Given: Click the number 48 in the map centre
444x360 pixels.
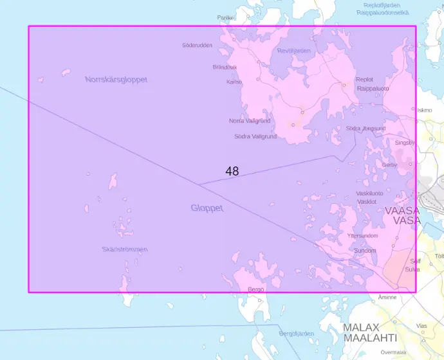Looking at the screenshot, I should pyautogui.click(x=232, y=171).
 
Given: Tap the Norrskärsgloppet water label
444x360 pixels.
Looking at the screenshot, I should pyautogui.click(x=116, y=80).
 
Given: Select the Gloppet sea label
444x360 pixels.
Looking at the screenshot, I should pyautogui.click(x=207, y=208).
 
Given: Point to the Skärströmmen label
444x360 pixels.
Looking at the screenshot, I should pyautogui.click(x=125, y=249).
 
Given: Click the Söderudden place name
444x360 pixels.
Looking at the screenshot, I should pyautogui.click(x=197, y=45).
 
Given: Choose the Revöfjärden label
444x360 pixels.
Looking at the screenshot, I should pyautogui.click(x=294, y=50).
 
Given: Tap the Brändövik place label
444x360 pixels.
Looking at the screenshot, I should pyautogui.click(x=225, y=67).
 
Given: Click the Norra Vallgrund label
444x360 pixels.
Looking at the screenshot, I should pyautogui.click(x=249, y=121).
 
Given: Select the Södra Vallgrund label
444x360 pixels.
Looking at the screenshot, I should pyautogui.click(x=255, y=136).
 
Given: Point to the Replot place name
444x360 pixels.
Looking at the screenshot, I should pyautogui.click(x=364, y=80).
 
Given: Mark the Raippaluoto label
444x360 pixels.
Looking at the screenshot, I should pyautogui.click(x=373, y=88).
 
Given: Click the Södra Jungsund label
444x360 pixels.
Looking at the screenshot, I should pyautogui.click(x=365, y=128).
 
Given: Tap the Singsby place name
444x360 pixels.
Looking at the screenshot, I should pyautogui.click(x=405, y=142).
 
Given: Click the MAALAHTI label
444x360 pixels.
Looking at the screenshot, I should pyautogui.click(x=369, y=337).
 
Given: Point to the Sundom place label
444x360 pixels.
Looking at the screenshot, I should pyautogui.click(x=365, y=250).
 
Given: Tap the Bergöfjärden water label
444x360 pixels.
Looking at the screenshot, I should pyautogui.click(x=296, y=334).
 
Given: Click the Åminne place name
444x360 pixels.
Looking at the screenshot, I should pyautogui.click(x=387, y=298).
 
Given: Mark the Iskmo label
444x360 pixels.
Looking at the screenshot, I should pyautogui.click(x=425, y=110).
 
